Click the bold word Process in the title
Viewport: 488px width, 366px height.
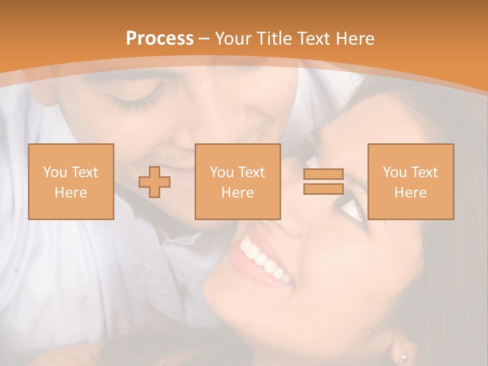coord(160,38)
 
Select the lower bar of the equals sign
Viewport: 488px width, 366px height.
coord(323,189)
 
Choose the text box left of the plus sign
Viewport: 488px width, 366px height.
coord(71,181)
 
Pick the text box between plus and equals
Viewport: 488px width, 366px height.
coord(237,181)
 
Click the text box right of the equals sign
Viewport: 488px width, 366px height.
coord(410,181)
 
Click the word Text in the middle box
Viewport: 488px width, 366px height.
coord(252,172)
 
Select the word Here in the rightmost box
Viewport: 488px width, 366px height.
coord(410,193)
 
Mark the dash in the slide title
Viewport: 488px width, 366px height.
coord(204,38)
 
